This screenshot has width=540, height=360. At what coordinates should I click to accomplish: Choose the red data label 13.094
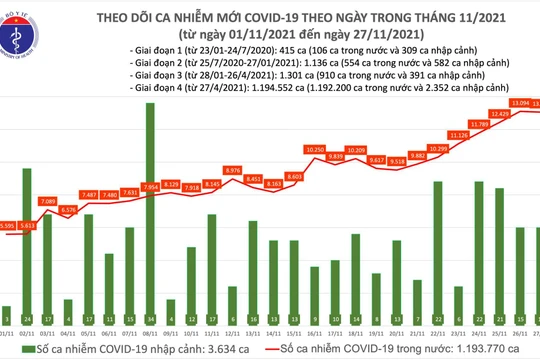[x=518, y=102]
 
